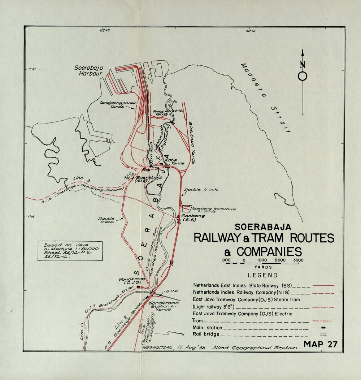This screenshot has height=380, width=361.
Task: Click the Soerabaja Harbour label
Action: point(88,70)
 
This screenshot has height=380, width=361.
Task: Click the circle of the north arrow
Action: point(303,76)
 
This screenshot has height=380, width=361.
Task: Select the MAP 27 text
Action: point(320,344)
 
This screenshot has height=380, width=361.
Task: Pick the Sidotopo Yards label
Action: point(191,143)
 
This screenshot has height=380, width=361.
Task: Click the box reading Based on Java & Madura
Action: point(70,251)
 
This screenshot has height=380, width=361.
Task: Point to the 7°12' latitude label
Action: point(32,69)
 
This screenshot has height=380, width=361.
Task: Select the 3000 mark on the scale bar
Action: point(298,260)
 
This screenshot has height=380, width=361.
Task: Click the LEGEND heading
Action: point(262,275)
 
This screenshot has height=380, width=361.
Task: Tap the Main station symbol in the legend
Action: point(323,328)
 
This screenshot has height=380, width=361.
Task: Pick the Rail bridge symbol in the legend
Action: point(323,335)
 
